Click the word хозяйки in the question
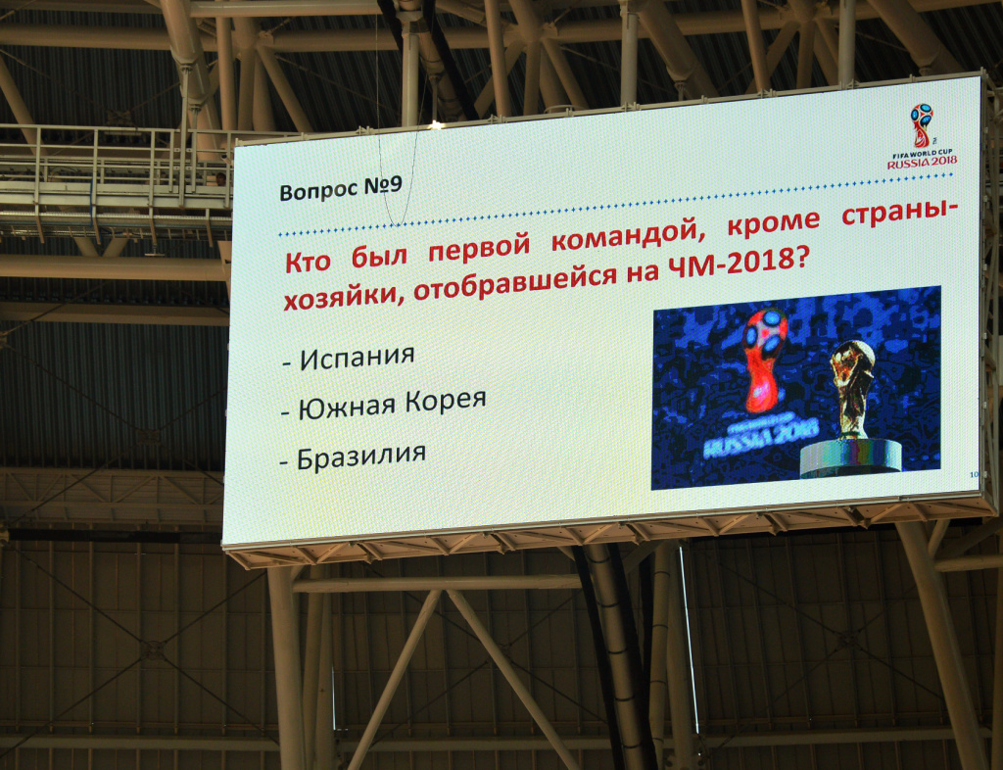point(342,298)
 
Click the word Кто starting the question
point(308,261)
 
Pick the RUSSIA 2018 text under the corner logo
point(922,163)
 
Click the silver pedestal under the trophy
point(851,457)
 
